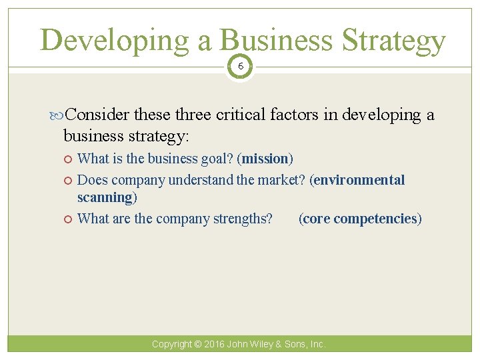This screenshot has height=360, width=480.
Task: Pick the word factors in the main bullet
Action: pyautogui.click(x=295, y=115)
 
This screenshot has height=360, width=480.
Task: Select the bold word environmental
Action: pyautogui.click(x=359, y=180)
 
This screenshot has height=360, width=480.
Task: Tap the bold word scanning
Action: pyautogui.click(x=105, y=197)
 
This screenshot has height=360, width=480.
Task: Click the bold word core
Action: pyautogui.click(x=317, y=219)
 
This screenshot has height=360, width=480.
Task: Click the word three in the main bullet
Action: pyautogui.click(x=194, y=115)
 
